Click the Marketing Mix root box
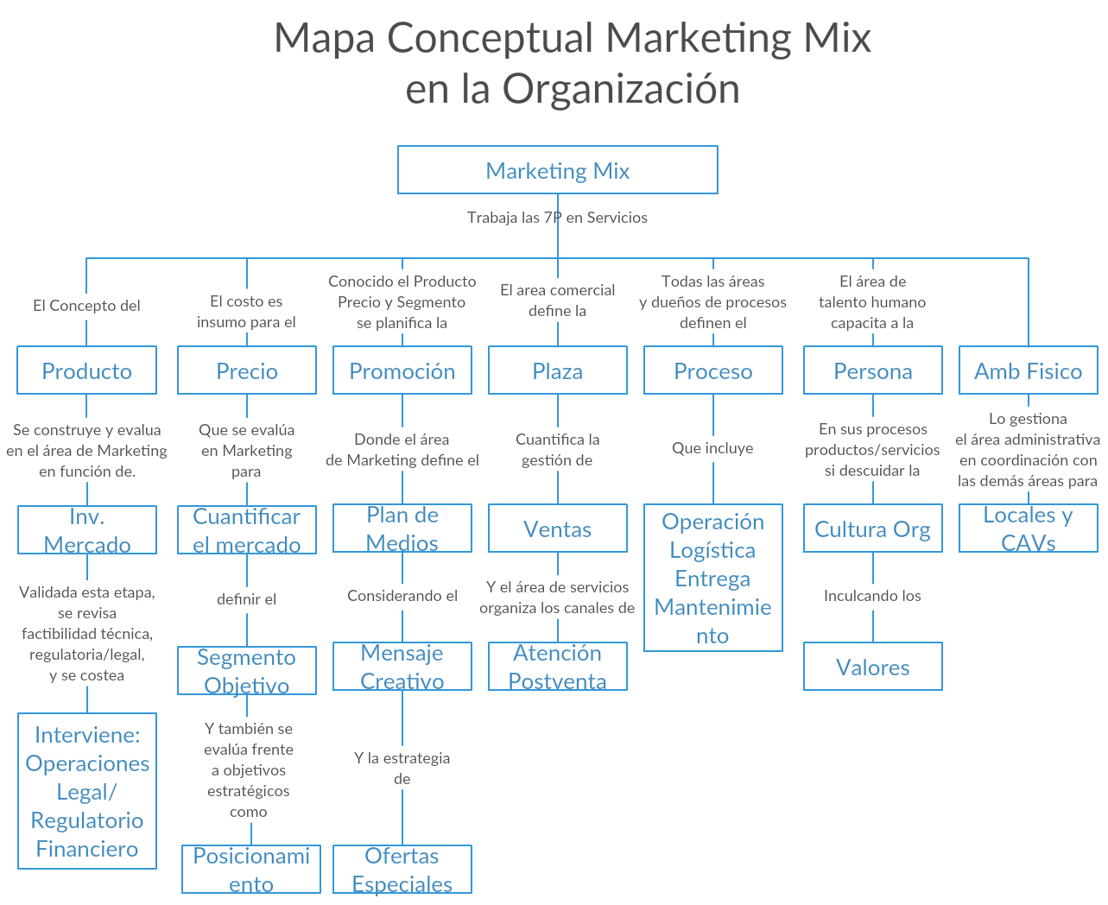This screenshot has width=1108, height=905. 557,170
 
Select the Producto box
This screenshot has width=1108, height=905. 86,370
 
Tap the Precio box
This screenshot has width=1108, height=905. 246,370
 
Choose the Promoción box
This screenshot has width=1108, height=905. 402,370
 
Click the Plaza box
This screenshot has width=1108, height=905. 557,370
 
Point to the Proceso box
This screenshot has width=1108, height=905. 712,370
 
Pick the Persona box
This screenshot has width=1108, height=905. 872,370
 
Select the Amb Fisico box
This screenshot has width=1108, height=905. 1028,370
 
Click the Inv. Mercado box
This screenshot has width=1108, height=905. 86,530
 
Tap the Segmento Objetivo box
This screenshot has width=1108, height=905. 246,670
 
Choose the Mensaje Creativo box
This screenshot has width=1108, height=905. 402,667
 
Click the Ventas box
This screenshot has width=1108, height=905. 557,528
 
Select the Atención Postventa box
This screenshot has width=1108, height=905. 557,667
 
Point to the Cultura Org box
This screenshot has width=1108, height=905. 872,528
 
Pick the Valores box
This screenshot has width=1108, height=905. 872,667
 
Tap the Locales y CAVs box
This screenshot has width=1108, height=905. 1028,528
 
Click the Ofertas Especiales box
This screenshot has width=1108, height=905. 402,870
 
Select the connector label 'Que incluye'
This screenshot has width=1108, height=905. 712,448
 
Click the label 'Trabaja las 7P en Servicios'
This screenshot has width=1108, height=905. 557,218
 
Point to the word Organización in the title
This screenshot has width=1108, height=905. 621,89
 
